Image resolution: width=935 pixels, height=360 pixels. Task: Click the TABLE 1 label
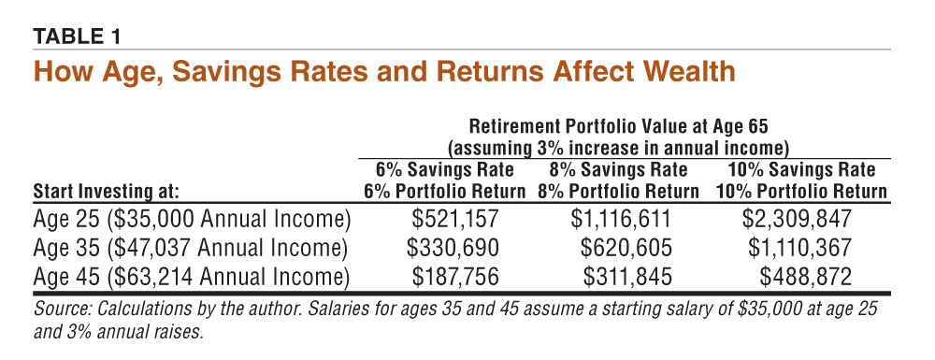tap(77, 37)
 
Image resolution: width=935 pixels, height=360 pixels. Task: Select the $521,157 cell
tap(455, 220)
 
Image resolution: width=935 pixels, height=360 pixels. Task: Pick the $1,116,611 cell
tap(621, 220)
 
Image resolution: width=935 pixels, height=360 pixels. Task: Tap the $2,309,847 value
tap(797, 220)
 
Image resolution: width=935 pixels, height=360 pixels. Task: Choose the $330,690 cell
tap(453, 248)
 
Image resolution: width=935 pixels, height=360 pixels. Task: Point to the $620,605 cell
tap(626, 248)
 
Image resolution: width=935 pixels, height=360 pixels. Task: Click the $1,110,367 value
tap(799, 248)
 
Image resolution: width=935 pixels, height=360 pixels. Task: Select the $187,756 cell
tap(455, 277)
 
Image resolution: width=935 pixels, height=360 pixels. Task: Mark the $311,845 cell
tap(627, 277)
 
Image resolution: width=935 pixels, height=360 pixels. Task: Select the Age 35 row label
tap(190, 249)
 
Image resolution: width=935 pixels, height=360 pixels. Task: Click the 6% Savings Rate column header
tap(444, 170)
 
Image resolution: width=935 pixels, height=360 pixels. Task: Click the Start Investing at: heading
tap(107, 193)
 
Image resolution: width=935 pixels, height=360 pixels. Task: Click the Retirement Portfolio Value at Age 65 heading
tap(618, 127)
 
